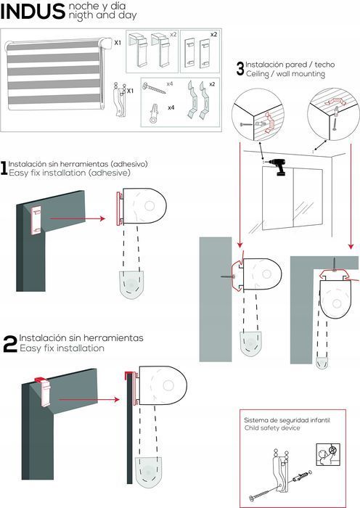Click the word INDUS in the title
click(33, 12)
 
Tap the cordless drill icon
click(279, 167)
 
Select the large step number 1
click(4, 168)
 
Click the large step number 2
click(9, 344)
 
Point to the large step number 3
click(240, 69)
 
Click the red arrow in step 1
click(78, 218)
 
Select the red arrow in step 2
click(89, 399)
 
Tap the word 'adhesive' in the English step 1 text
click(110, 173)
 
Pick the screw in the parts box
click(154, 88)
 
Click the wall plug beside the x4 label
click(154, 113)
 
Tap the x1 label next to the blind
click(118, 42)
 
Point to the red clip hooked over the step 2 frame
click(41, 380)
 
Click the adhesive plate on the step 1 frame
click(36, 221)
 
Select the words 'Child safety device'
click(272, 428)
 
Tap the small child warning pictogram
click(328, 454)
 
